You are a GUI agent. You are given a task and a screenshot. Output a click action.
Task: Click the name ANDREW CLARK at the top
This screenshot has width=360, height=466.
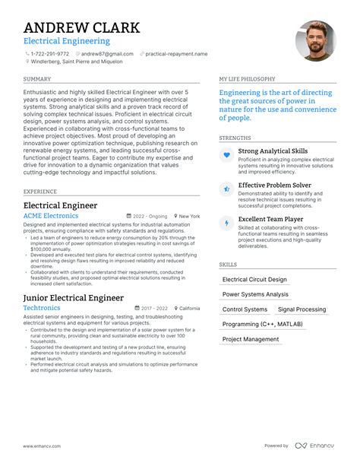tap(81, 27)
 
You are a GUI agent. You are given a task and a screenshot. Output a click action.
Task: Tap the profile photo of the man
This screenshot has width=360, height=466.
tap(315, 41)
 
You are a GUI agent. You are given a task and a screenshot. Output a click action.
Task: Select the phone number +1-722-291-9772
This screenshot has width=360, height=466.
tap(51, 55)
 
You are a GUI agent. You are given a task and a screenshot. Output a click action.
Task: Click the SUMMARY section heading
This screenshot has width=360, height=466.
tap(37, 79)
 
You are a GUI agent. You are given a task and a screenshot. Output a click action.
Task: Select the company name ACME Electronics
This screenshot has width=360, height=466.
tap(51, 216)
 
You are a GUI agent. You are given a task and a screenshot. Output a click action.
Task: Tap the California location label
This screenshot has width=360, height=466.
tap(189, 309)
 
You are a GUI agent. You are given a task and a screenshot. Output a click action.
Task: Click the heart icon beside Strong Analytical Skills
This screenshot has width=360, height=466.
tap(226, 155)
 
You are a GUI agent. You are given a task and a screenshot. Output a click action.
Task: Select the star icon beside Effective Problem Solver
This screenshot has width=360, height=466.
tap(226, 189)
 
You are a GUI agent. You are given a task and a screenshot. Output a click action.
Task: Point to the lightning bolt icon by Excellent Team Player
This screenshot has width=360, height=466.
tap(226, 223)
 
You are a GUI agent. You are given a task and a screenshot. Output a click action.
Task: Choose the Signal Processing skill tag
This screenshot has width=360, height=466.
tap(302, 309)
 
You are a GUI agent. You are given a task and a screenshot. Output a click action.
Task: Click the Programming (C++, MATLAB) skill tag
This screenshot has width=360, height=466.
tap(262, 325)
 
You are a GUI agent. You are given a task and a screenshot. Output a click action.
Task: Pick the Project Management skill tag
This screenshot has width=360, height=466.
tap(251, 340)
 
